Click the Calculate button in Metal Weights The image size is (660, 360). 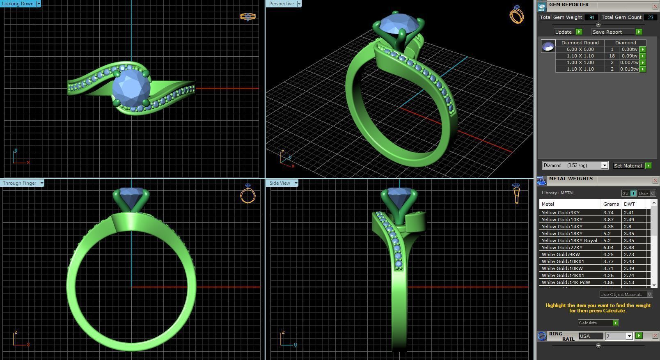tap(598, 323)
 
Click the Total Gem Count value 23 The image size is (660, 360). tap(650, 17)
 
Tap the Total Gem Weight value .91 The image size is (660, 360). tap(591, 17)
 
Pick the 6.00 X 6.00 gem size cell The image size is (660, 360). tap(580, 49)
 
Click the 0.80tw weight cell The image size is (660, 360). tap(629, 49)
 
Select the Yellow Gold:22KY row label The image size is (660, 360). tap(562, 248)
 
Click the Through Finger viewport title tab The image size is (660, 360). tap(20, 183)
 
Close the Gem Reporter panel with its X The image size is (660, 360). tap(655, 6)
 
